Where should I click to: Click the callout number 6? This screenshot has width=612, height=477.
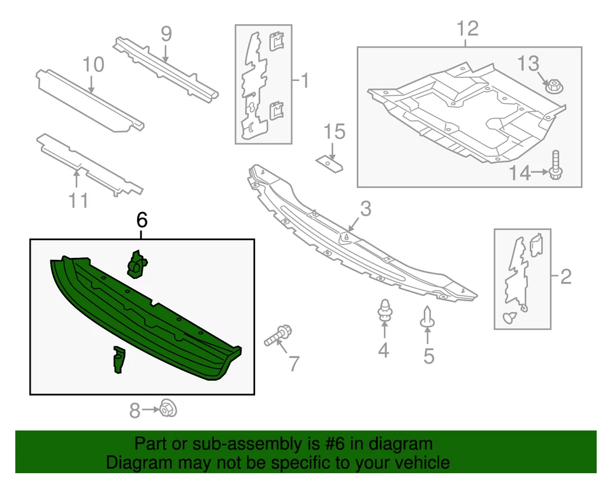142,220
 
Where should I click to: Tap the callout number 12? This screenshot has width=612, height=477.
467,29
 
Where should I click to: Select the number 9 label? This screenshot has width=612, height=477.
166,34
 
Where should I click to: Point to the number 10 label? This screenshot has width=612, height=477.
93,64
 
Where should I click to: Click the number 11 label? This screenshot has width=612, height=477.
78,201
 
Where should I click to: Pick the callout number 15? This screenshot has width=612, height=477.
334,132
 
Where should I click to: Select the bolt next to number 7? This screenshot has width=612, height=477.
277,335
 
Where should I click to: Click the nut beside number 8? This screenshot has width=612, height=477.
168,408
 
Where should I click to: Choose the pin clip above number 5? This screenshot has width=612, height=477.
426,317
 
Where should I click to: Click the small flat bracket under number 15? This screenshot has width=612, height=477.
329,163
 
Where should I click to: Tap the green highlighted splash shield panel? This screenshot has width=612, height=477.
147,318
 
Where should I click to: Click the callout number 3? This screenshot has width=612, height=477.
365,208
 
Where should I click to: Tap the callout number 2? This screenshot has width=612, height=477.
565,276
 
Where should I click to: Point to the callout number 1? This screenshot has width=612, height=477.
304,81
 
